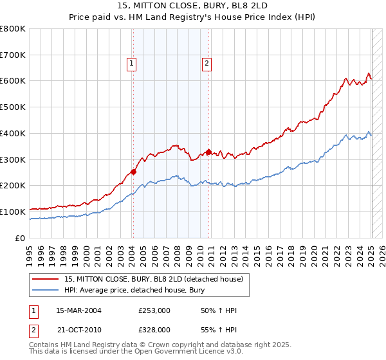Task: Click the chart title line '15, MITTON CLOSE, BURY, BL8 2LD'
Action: [193, 5]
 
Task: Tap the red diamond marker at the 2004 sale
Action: [133, 172]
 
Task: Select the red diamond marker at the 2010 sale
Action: [209, 152]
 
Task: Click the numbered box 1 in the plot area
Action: [131, 63]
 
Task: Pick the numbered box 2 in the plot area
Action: [207, 63]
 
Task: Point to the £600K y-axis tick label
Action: [13, 81]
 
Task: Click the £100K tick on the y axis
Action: [13, 212]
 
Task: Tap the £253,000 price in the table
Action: [154, 310]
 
